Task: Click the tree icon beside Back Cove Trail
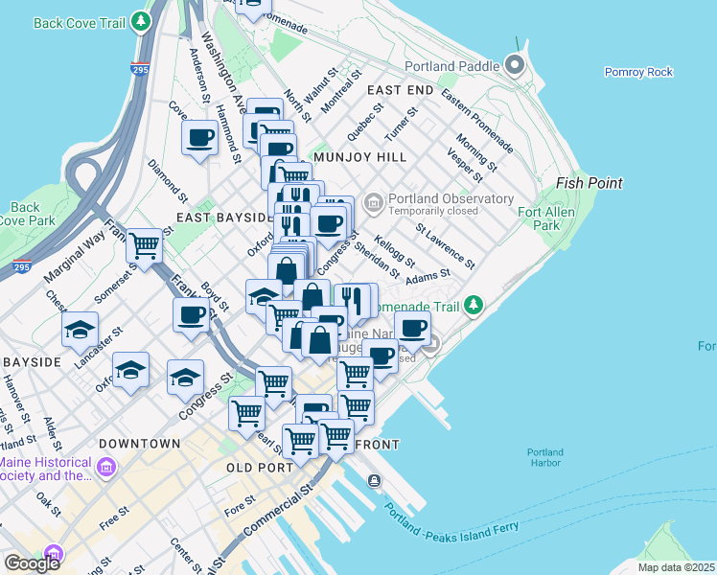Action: pos(142,20)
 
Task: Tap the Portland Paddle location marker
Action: pos(515,66)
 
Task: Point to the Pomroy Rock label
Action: pos(638,72)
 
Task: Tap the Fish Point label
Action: pos(590,183)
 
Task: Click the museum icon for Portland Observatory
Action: pos(373,201)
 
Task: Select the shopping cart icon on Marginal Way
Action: pos(144,246)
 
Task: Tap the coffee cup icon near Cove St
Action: pos(199,138)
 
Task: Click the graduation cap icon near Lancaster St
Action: pos(81,330)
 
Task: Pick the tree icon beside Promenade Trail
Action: pos(472,305)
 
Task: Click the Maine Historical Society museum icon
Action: pos(106,469)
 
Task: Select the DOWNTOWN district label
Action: pos(138,444)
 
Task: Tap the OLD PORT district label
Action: pos(258,467)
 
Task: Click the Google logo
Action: pos(32,563)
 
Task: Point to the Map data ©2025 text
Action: pos(675,567)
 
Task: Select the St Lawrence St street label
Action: pos(445,245)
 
